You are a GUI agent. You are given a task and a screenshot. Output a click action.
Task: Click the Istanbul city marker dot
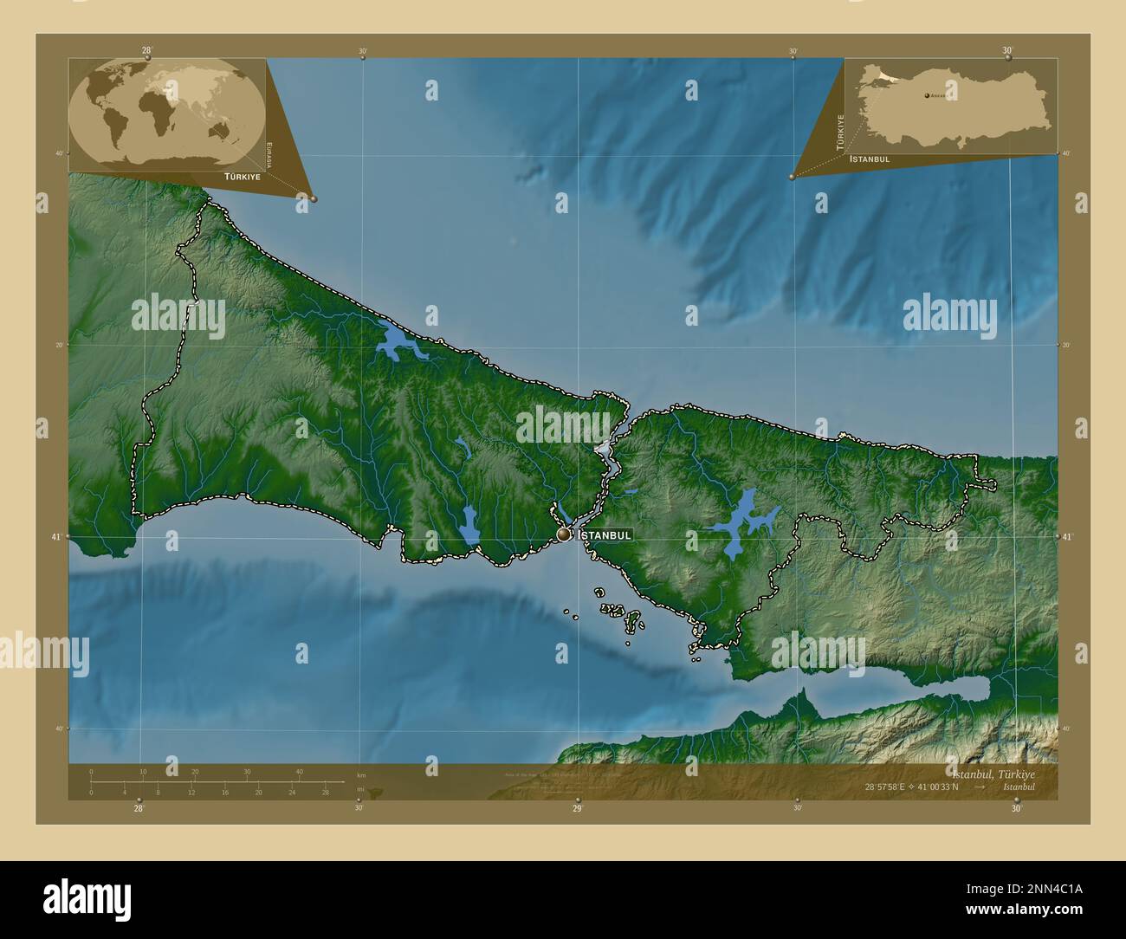564,535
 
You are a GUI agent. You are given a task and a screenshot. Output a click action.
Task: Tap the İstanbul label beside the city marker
605,535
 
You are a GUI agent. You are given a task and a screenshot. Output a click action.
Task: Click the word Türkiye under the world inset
243,176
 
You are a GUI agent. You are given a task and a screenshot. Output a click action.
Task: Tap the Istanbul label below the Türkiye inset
870,159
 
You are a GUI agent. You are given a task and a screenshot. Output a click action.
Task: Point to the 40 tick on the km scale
299,771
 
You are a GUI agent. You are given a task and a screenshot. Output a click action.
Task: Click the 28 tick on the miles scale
325,792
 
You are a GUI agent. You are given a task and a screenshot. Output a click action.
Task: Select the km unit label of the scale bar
361,775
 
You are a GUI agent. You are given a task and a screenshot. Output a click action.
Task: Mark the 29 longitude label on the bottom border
577,808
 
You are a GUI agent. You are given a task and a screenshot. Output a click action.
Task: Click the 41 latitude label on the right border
1066,537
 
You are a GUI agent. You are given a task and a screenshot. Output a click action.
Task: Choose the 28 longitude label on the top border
146,50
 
